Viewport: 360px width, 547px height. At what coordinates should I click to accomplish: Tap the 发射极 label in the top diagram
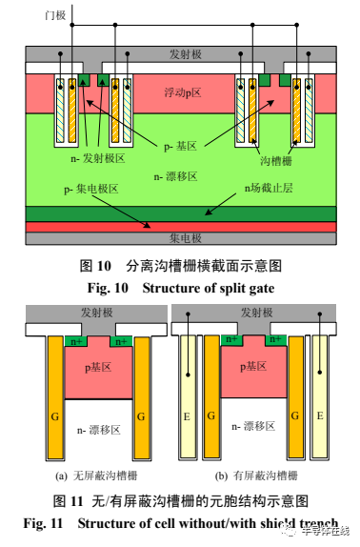pyautogui.click(x=188, y=53)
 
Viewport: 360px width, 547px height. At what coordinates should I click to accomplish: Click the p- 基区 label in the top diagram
pyautogui.click(x=179, y=146)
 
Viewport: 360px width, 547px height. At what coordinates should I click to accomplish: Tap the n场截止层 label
pyautogui.click(x=268, y=189)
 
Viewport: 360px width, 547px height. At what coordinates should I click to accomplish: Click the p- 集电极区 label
pyautogui.click(x=90, y=189)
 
